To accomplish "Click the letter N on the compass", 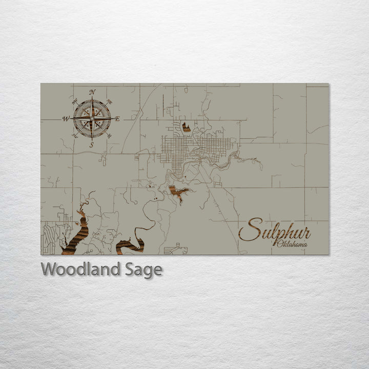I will pyautogui.click(x=92, y=92).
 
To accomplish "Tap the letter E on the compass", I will pyautogui.click(x=117, y=119).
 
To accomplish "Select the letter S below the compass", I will pyautogui.click(x=92, y=145).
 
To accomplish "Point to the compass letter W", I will pyautogui.click(x=66, y=119).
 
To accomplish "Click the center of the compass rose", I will pyautogui.click(x=92, y=118).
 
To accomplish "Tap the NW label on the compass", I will pyautogui.click(x=75, y=100).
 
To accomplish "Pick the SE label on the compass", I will pyautogui.click(x=109, y=136).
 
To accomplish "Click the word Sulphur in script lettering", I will pyautogui.click(x=275, y=231).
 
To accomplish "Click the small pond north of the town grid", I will pyautogui.click(x=186, y=127).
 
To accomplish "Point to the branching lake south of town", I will pyautogui.click(x=178, y=193).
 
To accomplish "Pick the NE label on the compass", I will pyautogui.click(x=109, y=101).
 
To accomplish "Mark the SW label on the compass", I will pyautogui.click(x=75, y=136).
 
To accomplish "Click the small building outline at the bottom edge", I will pyautogui.click(x=176, y=250).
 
